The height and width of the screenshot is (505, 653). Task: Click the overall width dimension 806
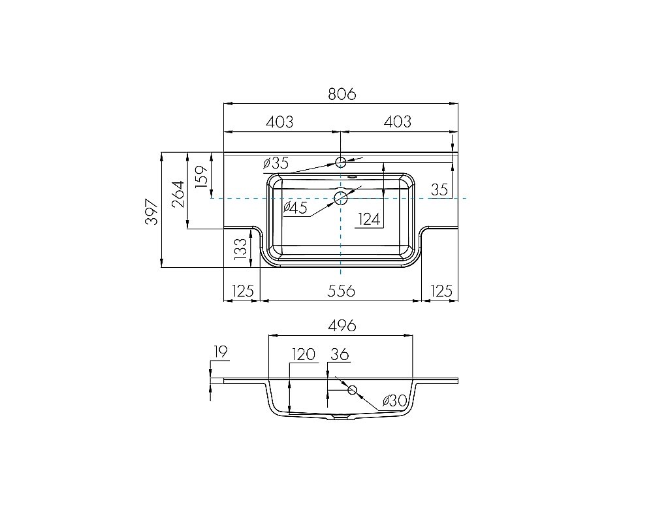pos(342,94)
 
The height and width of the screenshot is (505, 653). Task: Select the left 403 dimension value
pos(279,122)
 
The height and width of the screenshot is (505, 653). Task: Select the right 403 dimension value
pos(397,122)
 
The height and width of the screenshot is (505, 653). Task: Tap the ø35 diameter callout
pos(276,163)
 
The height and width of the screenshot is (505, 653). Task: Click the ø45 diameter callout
pos(295,208)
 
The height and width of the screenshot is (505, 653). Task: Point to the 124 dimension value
pos(369,219)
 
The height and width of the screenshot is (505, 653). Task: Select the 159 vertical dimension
pos(202,176)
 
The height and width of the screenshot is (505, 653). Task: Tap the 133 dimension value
pos(240,250)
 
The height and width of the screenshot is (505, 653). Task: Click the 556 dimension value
pos(341,291)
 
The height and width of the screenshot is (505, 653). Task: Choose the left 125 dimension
pos(242,291)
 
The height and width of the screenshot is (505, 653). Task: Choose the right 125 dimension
pos(441,291)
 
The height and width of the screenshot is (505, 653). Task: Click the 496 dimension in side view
pos(341,325)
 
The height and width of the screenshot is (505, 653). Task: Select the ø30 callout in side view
pos(395,400)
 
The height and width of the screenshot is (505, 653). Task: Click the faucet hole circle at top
pos(341,161)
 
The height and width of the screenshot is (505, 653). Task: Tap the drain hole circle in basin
pos(341,197)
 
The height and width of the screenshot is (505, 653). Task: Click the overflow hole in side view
pos(353,390)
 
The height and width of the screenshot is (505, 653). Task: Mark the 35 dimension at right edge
pos(439,190)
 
